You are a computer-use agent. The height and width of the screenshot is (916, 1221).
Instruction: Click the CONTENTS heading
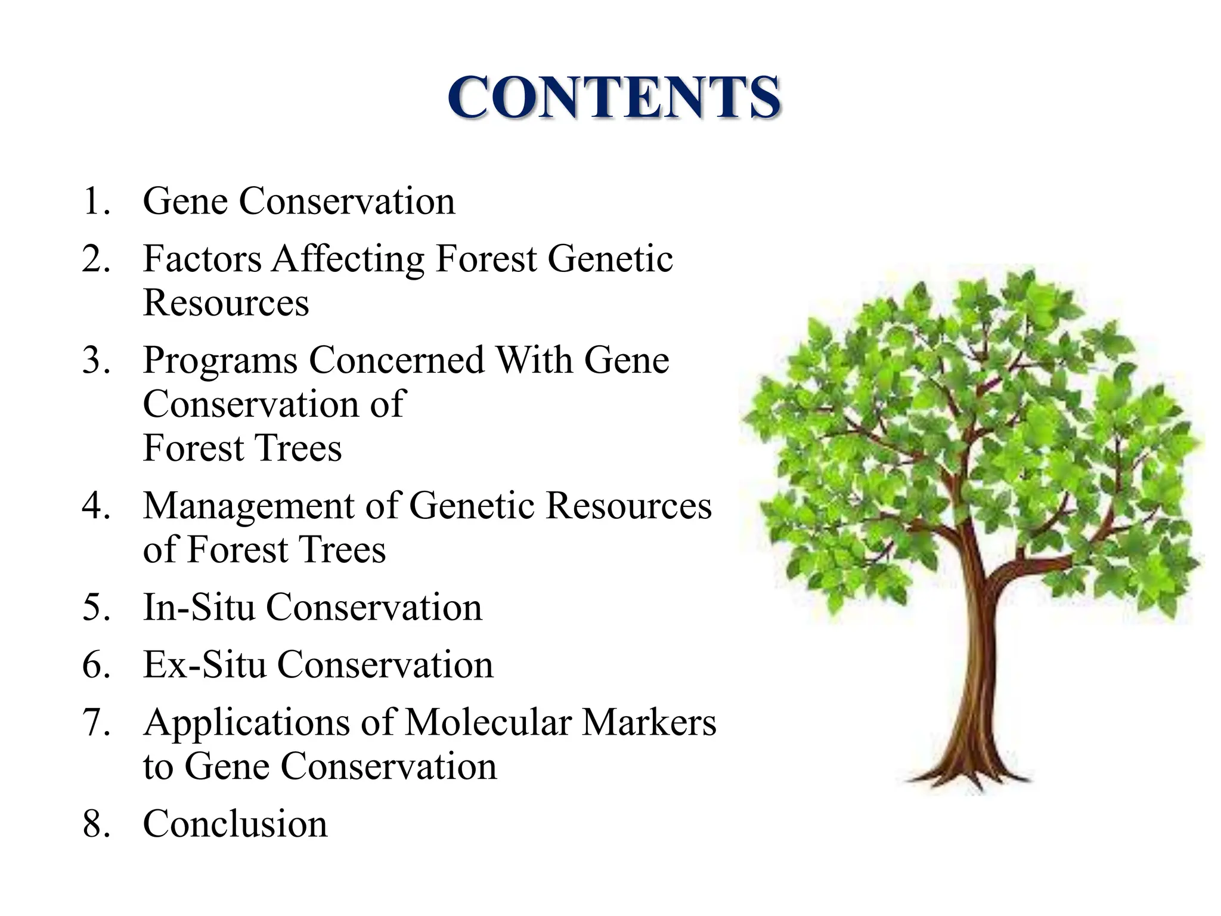613,97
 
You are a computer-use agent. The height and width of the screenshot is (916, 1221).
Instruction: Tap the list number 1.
95,202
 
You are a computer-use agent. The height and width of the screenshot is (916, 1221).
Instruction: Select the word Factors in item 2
202,259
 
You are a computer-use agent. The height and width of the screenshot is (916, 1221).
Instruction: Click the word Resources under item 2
226,303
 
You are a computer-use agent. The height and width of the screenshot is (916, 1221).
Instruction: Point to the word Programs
220,361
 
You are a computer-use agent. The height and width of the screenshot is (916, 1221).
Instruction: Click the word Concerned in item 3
396,360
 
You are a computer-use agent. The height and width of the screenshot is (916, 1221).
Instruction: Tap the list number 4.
95,506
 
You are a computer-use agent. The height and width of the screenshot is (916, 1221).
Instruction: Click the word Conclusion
235,824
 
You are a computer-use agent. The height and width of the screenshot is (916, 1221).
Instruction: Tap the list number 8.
95,824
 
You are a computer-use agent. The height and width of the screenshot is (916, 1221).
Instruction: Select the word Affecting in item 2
349,259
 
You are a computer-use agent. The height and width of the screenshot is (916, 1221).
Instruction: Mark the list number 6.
95,665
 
